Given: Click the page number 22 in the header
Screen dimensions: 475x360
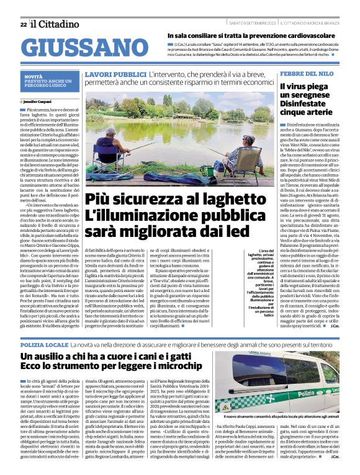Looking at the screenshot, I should [x=23, y=24].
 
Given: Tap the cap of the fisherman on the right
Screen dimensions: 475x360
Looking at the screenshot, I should [x=248, y=140].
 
